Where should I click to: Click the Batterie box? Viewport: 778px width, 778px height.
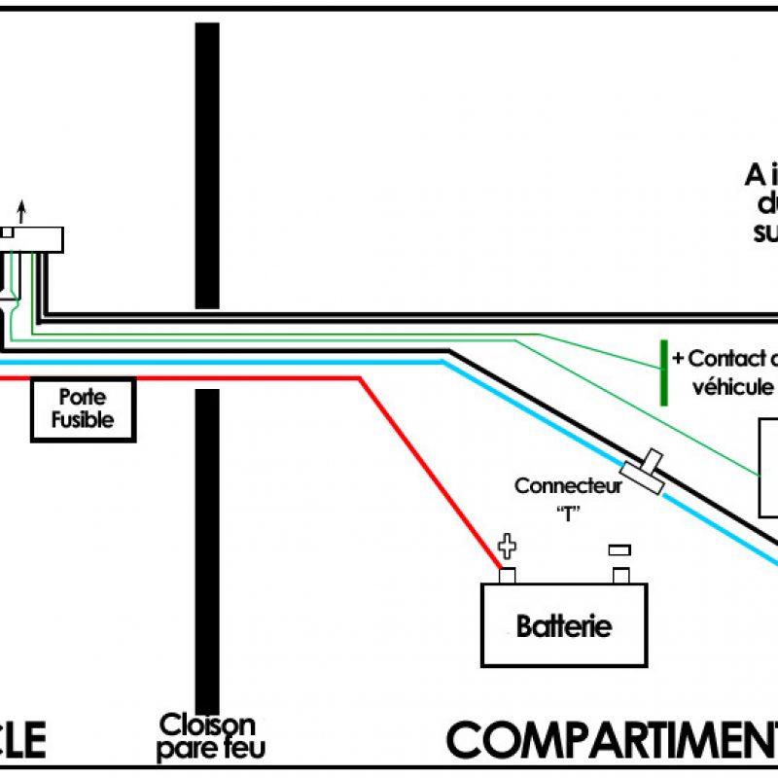click(564, 624)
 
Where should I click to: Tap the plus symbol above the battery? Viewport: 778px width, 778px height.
click(507, 546)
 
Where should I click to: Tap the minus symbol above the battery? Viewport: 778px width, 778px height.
click(619, 549)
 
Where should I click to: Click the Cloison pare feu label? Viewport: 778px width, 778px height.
click(206, 736)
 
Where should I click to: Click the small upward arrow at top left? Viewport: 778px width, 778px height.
click(22, 209)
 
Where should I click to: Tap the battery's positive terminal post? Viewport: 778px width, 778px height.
click(507, 575)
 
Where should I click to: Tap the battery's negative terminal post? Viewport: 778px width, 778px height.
click(619, 575)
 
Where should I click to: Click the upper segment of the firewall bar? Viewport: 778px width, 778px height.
click(207, 165)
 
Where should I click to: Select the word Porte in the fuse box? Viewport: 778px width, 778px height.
click(82, 398)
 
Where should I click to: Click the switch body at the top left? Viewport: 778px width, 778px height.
click(34, 239)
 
